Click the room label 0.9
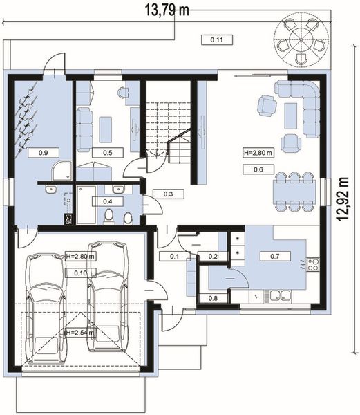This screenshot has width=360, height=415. coord(44,153)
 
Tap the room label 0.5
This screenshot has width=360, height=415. coord(108,153)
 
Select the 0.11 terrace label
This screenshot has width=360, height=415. coord(217,40)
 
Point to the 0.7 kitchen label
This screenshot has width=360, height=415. coord(275,256)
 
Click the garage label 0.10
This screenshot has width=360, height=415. coord(80,273)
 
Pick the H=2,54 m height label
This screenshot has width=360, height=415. coord(80,333)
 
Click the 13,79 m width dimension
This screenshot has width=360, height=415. coord(167,10)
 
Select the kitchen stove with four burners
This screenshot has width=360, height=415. coord(313,264)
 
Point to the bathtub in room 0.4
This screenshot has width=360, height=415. coord(86,205)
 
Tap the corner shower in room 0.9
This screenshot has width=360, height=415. coord(61,171)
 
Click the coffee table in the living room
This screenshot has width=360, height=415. coord(291,116)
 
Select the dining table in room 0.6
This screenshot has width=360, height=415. coord(294,192)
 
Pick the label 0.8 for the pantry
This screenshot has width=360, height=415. coord(213,298)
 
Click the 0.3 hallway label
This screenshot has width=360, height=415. coord(168,194)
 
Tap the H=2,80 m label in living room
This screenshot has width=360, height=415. coord(258,153)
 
